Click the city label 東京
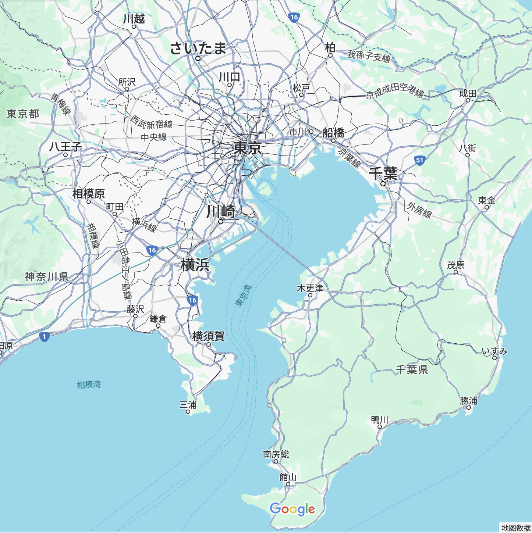point(248,148)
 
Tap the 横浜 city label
point(195,265)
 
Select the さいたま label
point(198,48)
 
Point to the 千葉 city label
point(383,174)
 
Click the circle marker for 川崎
point(221,222)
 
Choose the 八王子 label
point(65,147)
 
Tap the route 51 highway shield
point(420,160)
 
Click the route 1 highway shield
point(44,336)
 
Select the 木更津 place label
point(310,289)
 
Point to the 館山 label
point(288,477)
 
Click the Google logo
point(292,509)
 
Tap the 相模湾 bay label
point(89,385)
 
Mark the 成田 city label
point(468,93)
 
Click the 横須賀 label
point(208,336)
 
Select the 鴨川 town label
point(380,420)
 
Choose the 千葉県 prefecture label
point(412,369)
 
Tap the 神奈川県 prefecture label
point(47,277)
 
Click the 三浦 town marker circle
point(188,412)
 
